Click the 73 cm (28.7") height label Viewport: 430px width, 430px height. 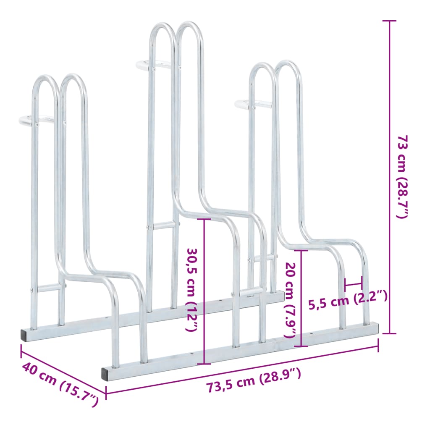tap(402, 176)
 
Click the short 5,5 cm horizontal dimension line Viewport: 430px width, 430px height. tap(353, 284)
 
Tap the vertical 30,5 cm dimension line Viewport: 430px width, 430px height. tap(205, 290)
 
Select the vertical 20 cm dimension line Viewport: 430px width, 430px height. tap(301, 298)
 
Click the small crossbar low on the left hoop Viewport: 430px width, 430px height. tap(48, 288)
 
